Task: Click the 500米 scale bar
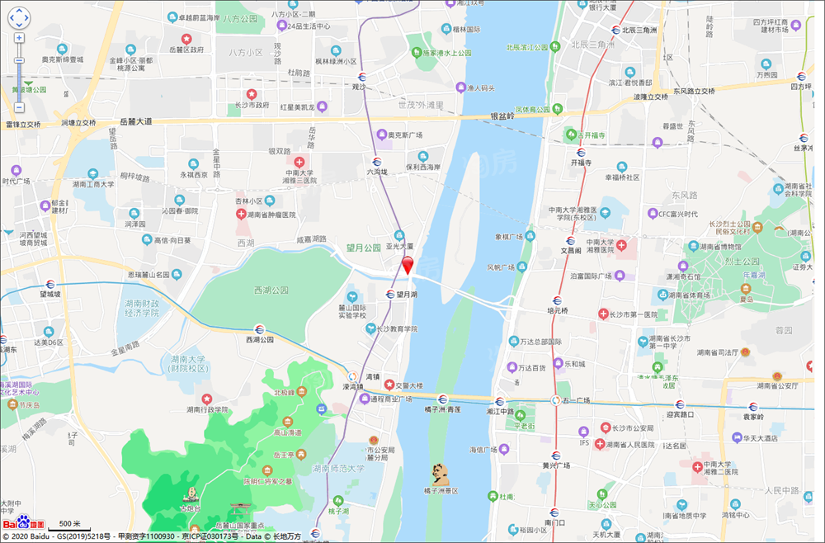[69, 524]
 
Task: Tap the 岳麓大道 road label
[135, 121]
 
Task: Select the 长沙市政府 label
[251, 105]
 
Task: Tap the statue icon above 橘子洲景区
[441, 473]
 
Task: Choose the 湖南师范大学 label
[338, 468]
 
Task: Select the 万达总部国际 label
[540, 341]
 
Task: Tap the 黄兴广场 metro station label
[558, 465]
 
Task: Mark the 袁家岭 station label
[752, 417]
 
